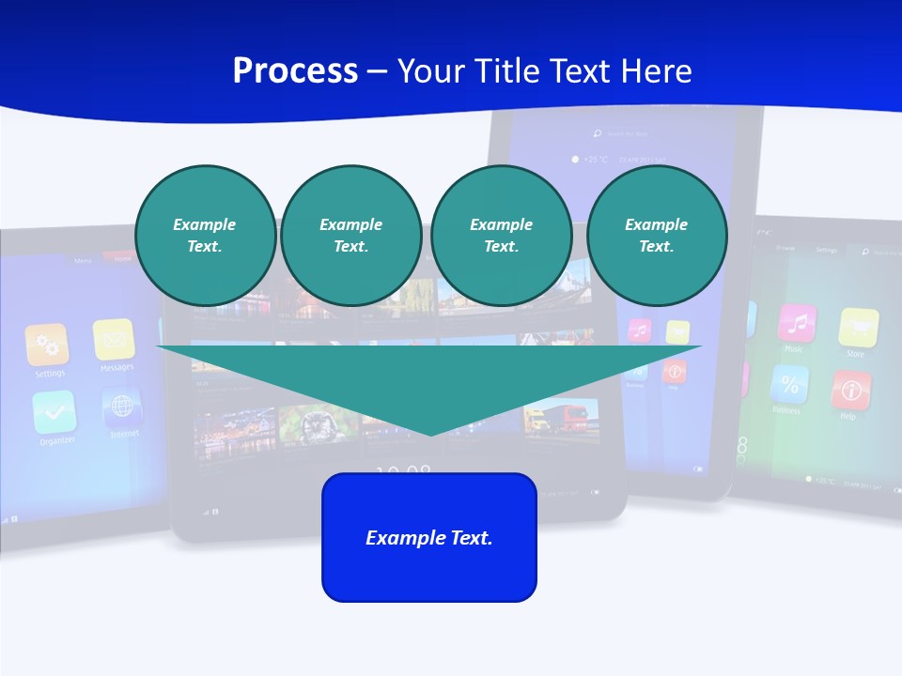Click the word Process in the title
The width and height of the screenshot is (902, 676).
click(295, 71)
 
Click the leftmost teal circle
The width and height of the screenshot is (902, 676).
click(205, 236)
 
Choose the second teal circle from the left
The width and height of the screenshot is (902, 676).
click(350, 236)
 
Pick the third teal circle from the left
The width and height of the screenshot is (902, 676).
click(501, 236)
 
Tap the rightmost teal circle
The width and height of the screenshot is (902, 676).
click(656, 236)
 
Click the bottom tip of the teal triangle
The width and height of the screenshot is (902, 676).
click(430, 433)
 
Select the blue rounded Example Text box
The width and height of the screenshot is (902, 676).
click(429, 537)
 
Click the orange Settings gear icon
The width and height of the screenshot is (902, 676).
click(47, 345)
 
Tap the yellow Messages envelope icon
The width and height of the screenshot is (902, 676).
click(114, 339)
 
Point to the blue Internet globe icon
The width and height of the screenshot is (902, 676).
click(122, 407)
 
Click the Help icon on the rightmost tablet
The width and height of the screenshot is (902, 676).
click(850, 390)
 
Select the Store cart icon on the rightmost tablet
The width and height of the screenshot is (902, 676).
click(858, 328)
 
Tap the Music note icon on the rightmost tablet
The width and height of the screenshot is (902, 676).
click(797, 323)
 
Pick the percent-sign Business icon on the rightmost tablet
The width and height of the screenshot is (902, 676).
click(789, 384)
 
